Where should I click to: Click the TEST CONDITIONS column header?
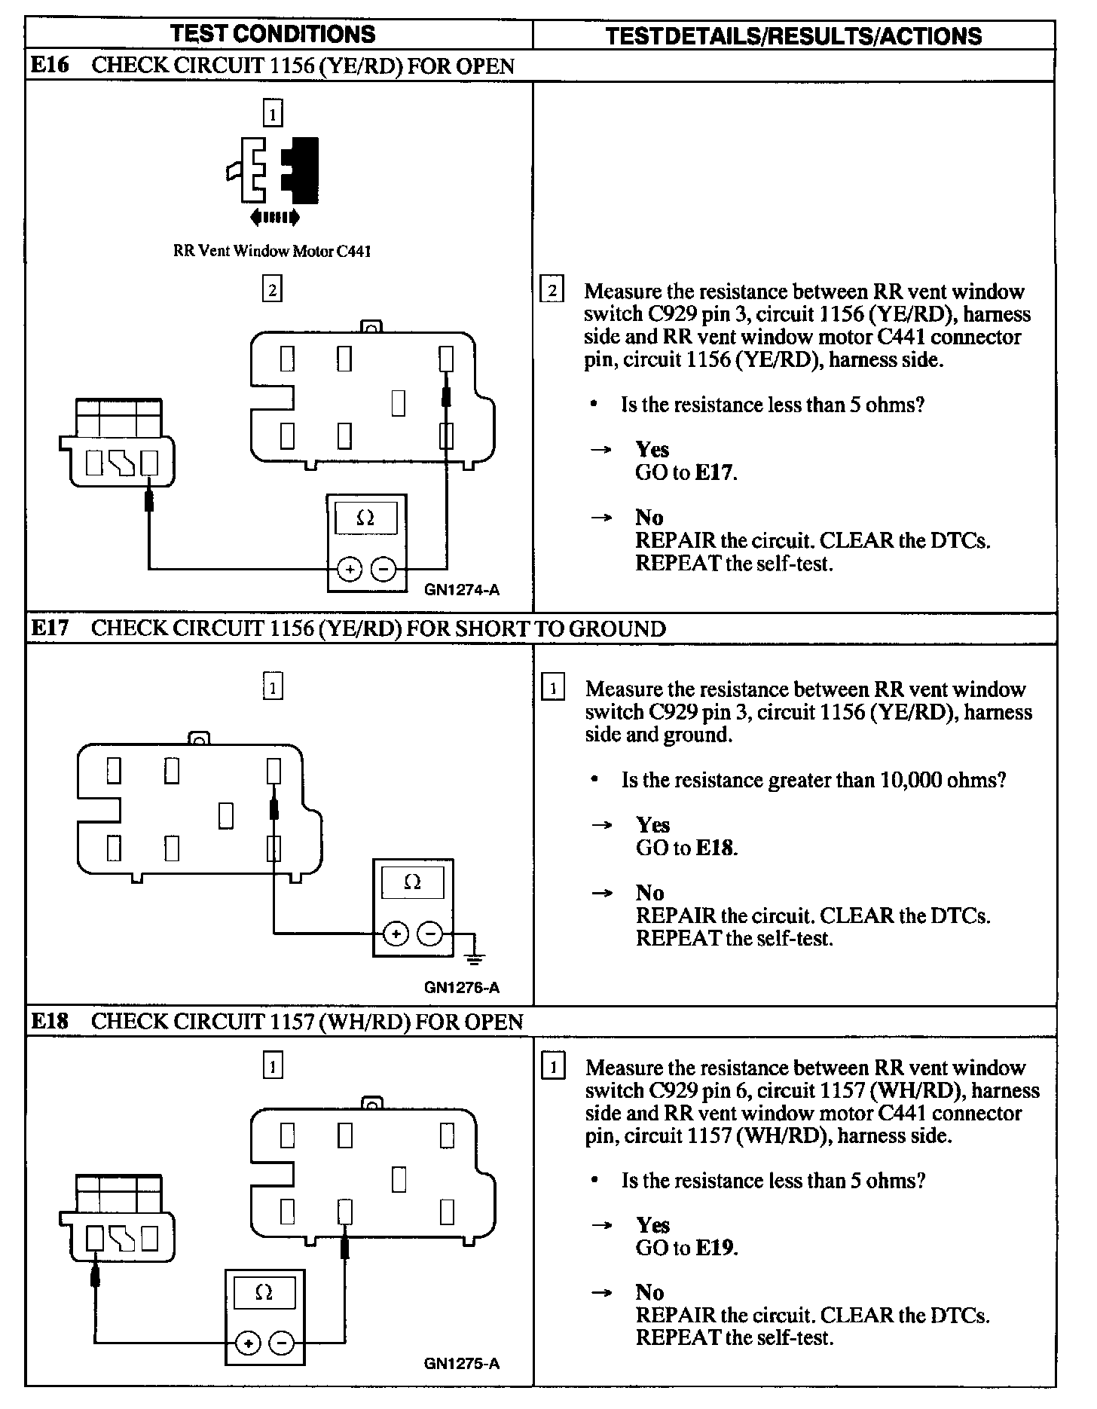pos(273,34)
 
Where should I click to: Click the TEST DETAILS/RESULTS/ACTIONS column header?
pos(793,36)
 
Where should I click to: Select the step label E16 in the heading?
pos(50,66)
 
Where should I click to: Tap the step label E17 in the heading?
pos(50,628)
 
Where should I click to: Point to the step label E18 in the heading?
pos(50,1021)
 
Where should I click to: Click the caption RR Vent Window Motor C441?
pos(272,251)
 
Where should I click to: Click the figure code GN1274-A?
pos(461,590)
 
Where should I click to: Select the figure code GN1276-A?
pos(461,987)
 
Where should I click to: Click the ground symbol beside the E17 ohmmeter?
pos(475,957)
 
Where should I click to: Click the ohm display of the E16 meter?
pos(366,518)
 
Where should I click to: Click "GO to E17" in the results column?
pos(686,472)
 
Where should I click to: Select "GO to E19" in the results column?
pos(686,1247)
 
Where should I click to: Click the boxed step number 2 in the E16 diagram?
pos(272,289)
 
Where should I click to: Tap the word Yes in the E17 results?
pos(652,824)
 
